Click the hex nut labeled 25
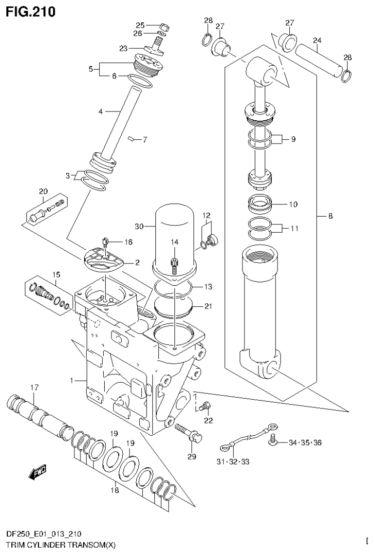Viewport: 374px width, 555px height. click(164, 26)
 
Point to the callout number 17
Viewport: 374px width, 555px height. click(34, 388)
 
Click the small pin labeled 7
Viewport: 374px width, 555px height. click(131, 139)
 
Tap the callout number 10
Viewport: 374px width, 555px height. click(293, 204)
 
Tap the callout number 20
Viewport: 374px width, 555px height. click(43, 191)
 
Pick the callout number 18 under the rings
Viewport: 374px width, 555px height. click(114, 490)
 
